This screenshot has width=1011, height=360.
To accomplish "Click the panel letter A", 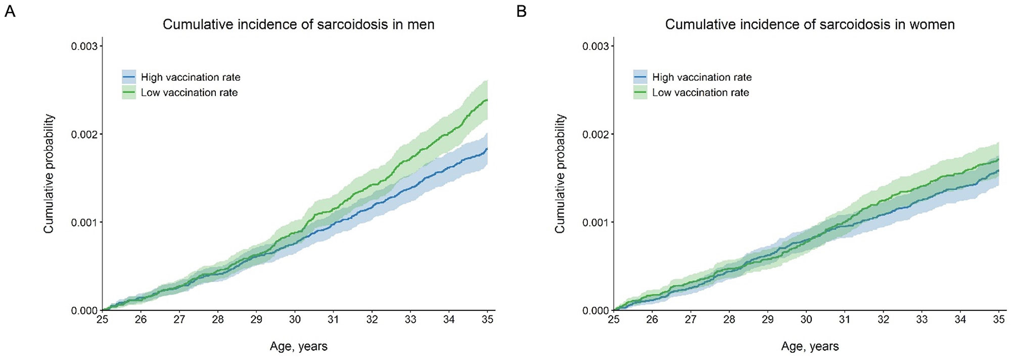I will [x=10, y=11].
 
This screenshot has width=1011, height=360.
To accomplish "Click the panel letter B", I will [x=521, y=11].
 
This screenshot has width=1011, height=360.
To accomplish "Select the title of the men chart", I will [x=298, y=24].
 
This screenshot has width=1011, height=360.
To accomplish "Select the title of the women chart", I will [x=809, y=24].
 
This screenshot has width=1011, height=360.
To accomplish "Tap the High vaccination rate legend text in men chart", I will [x=191, y=77].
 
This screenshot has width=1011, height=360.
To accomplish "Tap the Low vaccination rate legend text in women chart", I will [x=700, y=93].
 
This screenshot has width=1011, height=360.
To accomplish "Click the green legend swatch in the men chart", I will [x=129, y=93].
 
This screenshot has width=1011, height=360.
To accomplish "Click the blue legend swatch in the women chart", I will [x=640, y=77].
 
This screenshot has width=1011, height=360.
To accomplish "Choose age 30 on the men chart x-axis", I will [x=295, y=319].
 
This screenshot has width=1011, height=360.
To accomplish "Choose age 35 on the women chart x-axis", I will [x=998, y=319].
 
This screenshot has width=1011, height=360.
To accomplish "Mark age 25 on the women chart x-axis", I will [x=614, y=319].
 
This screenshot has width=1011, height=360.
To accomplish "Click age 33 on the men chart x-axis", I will [x=410, y=319].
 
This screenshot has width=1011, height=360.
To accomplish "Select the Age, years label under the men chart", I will [x=298, y=346].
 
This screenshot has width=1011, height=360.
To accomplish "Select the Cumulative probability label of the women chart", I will [x=560, y=173].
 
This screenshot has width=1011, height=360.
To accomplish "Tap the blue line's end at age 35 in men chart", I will [x=487, y=149].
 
